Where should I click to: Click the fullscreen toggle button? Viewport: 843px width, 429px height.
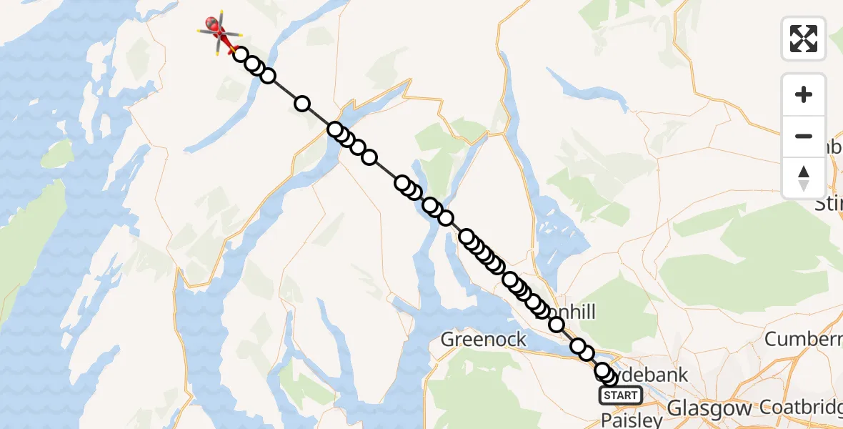point(804,38)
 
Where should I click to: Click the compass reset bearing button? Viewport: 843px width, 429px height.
point(804,178)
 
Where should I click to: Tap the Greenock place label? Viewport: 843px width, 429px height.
point(484,339)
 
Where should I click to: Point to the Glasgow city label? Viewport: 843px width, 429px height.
point(709,409)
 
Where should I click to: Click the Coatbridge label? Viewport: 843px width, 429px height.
point(800,408)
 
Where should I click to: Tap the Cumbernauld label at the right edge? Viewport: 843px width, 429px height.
point(804,339)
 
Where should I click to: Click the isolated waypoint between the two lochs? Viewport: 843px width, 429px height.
point(302,104)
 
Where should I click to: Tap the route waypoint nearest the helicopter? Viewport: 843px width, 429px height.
point(241,55)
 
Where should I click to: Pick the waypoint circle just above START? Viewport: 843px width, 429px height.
point(609,378)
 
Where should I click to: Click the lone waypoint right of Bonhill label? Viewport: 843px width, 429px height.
point(557,325)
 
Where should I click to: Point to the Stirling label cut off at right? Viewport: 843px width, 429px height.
point(829,205)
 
